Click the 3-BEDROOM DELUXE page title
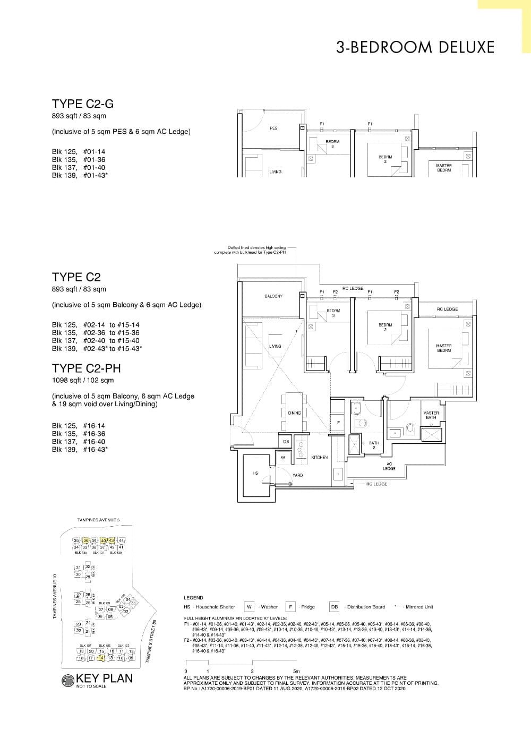point(415,47)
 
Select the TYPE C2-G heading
point(83,104)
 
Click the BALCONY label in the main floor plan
point(273,296)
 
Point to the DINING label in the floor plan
point(294,413)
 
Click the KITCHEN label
point(319,457)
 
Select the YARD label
point(297,475)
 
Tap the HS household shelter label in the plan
point(255,473)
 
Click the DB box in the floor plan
point(286,441)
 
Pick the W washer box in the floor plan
point(283,457)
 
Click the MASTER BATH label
point(431,415)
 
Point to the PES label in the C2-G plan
point(273,128)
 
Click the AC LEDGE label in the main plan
point(389,466)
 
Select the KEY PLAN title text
point(105,679)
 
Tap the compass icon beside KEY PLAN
point(68,681)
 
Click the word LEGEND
point(193,598)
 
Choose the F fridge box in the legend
point(291,607)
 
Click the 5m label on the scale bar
point(296,672)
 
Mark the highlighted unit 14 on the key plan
point(101,658)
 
